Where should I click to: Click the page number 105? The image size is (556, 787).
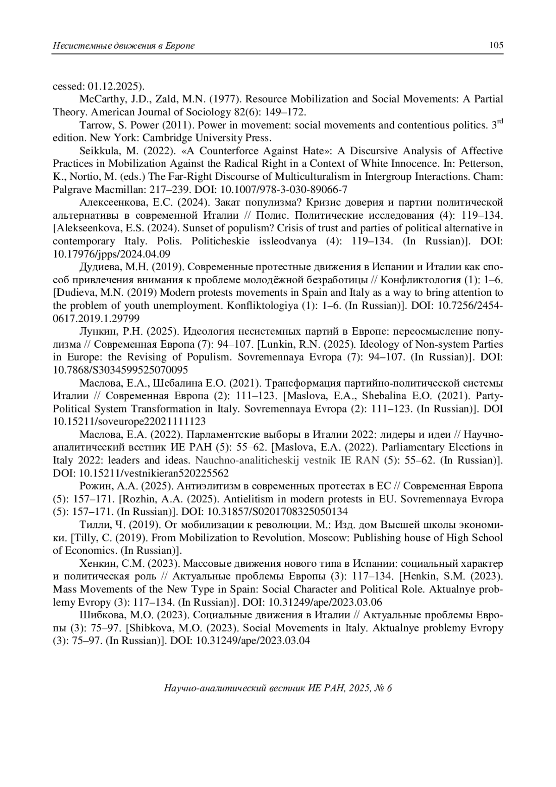click(496, 45)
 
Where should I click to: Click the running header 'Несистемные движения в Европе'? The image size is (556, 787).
click(124, 45)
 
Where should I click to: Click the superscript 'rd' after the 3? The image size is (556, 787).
click(499, 122)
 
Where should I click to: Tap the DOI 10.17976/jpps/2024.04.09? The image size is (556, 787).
click(111, 254)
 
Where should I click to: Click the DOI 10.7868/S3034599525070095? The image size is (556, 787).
click(120, 370)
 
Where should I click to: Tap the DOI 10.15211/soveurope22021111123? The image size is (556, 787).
click(129, 422)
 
